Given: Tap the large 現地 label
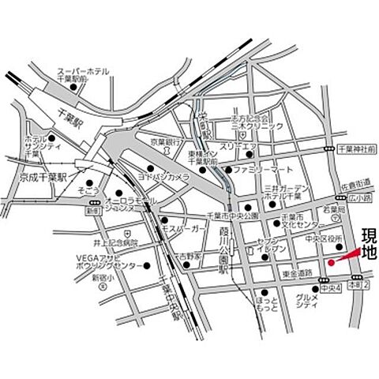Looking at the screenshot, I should click(369, 243).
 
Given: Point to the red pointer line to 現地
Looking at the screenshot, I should click(345, 257).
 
